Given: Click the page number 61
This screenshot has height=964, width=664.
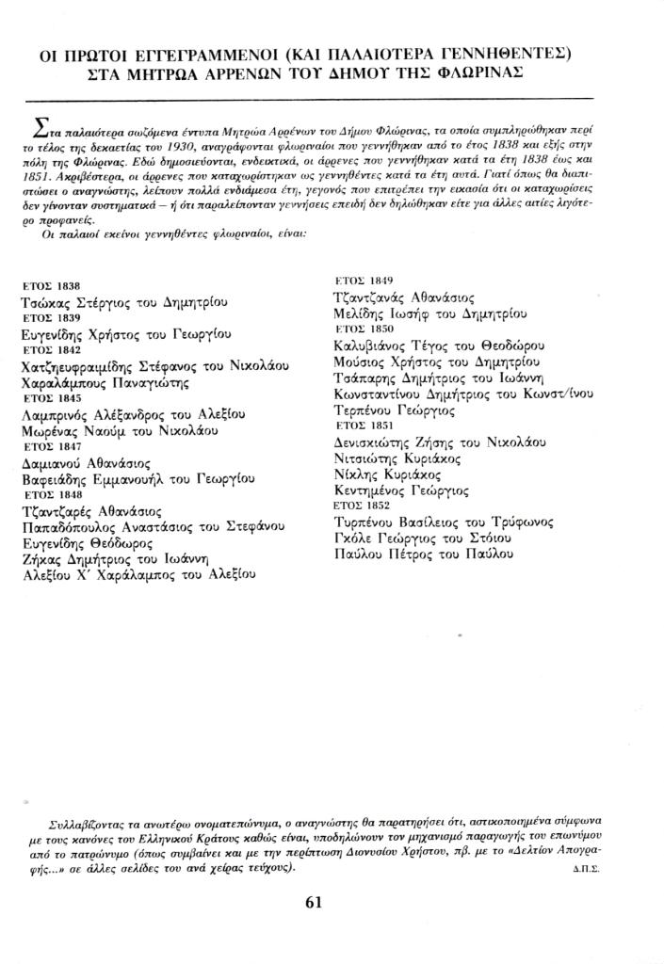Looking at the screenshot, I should [315, 901].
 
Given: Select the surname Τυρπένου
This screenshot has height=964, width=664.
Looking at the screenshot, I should [366, 522].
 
